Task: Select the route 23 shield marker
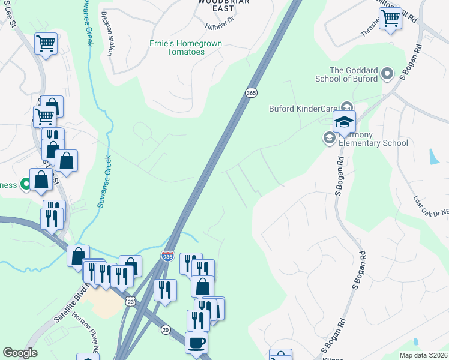coord(130,302)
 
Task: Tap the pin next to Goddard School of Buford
coord(388,74)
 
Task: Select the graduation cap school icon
coord(345,122)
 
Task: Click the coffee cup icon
coord(196,343)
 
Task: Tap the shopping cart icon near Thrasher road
coord(390,19)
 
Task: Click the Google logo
coord(20,353)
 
